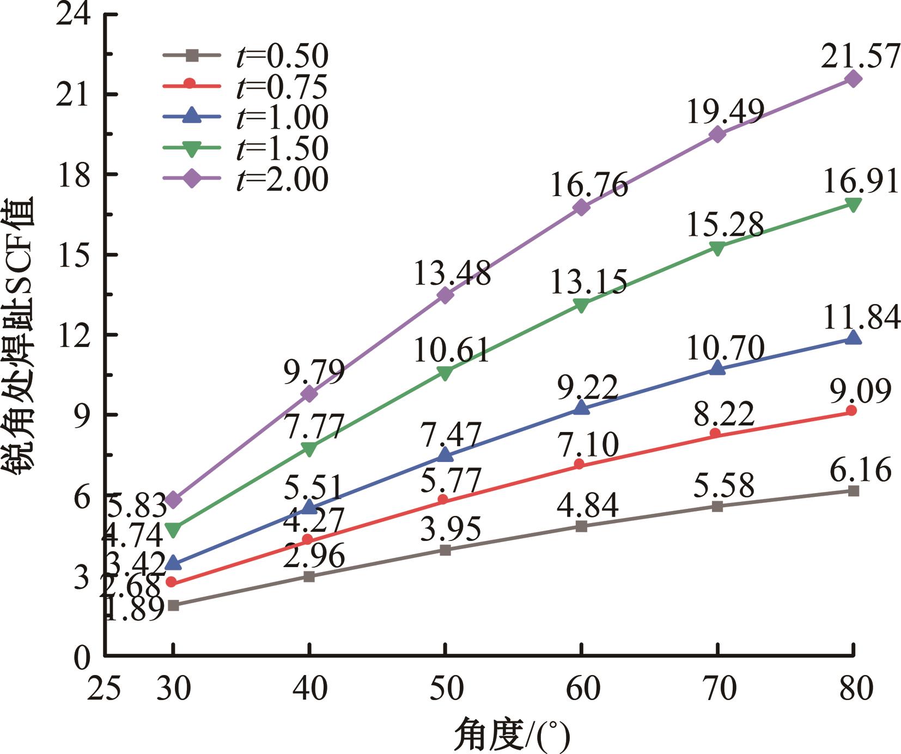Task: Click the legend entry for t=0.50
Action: click(x=245, y=55)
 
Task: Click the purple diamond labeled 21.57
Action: click(x=853, y=79)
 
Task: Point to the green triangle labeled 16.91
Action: click(x=853, y=205)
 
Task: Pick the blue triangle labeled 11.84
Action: click(x=853, y=338)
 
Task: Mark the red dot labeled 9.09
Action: click(x=851, y=411)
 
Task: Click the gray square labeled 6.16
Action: click(x=854, y=491)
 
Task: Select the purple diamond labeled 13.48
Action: click(x=446, y=295)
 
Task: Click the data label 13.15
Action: click(x=589, y=283)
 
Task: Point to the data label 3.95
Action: click(x=450, y=529)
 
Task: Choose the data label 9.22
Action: click(x=588, y=387)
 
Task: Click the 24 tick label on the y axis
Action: click(x=74, y=15)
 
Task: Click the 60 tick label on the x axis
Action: click(x=582, y=689)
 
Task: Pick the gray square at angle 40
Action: click(x=309, y=576)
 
